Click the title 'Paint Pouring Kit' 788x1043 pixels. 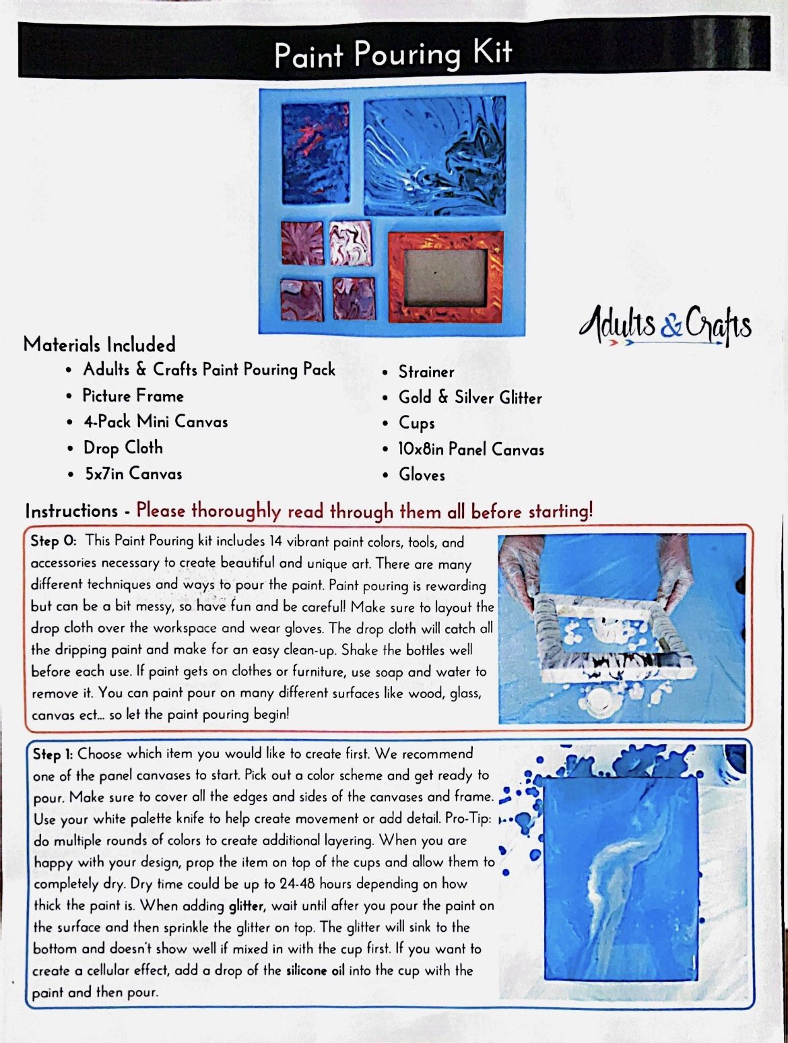(x=393, y=54)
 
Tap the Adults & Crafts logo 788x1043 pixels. (x=665, y=324)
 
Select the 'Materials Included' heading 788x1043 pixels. (x=99, y=344)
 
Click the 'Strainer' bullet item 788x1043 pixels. (x=426, y=371)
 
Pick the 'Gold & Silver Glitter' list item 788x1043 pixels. (x=470, y=398)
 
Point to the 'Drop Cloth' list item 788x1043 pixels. (x=123, y=447)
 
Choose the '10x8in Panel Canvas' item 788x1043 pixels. (x=471, y=449)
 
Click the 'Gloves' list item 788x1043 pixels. (x=422, y=474)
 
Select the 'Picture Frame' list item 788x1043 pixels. (x=133, y=396)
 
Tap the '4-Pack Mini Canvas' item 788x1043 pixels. (x=156, y=422)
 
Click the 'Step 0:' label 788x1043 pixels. (x=54, y=541)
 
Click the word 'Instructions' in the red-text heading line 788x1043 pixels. (x=71, y=511)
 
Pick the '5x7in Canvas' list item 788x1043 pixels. (x=133, y=474)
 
